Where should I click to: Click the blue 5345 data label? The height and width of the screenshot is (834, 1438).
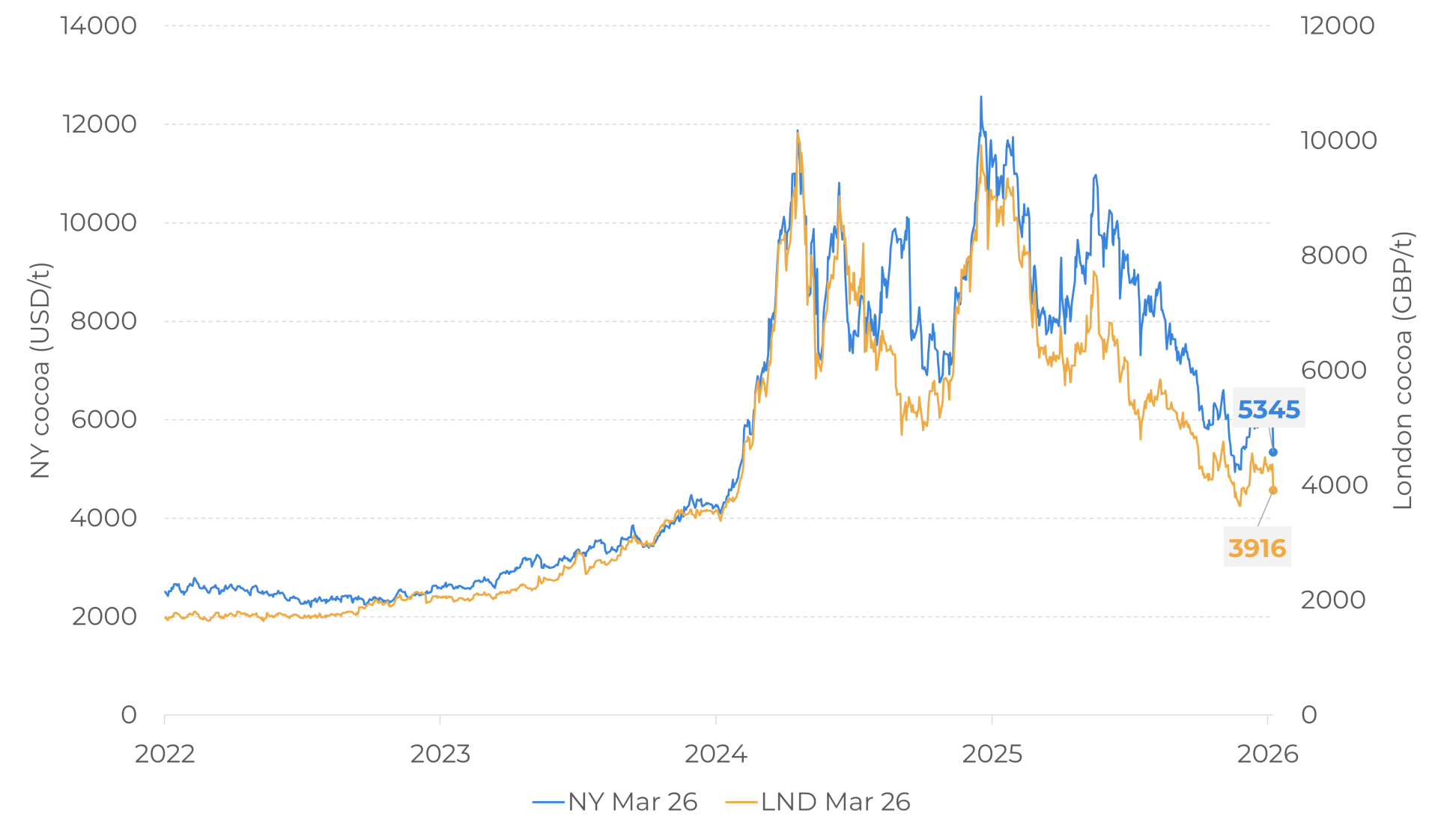click(1269, 410)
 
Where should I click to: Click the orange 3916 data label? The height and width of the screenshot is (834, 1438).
click(1257, 548)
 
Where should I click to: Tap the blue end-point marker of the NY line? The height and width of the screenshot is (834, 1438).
click(1272, 452)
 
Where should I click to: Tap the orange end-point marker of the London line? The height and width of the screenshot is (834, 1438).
click(1272, 490)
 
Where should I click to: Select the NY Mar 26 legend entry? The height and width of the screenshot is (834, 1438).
click(615, 802)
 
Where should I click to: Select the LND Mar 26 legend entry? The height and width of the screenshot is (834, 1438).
click(818, 802)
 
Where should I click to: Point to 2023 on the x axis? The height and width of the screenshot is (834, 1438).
click(440, 753)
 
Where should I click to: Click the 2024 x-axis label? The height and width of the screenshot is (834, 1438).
click(716, 753)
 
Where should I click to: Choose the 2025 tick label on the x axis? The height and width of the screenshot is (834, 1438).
click(992, 753)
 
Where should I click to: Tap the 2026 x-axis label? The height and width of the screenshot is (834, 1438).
click(1267, 753)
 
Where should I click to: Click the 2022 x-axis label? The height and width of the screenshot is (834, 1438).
click(165, 753)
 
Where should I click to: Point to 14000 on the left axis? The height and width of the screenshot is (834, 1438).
click(99, 25)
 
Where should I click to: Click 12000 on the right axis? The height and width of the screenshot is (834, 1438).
click(1338, 25)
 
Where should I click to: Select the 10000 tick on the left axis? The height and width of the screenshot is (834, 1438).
click(99, 222)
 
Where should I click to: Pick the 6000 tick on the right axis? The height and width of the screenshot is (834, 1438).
click(1333, 370)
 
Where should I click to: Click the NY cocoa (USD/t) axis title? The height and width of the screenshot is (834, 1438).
click(40, 371)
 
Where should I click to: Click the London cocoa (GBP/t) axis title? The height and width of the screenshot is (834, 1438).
click(1402, 371)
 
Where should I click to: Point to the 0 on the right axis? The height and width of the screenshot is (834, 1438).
click(1309, 715)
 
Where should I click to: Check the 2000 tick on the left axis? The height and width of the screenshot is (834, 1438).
click(104, 617)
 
